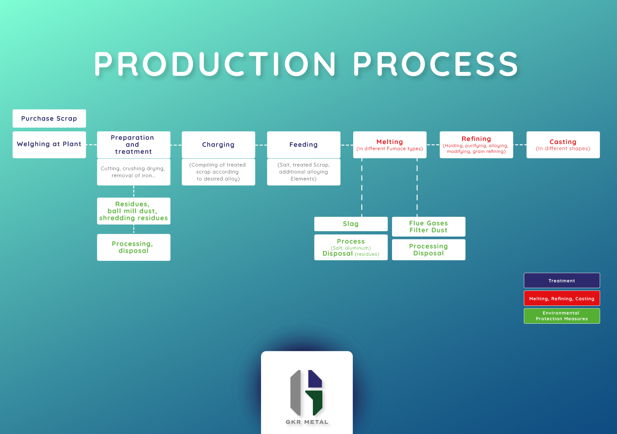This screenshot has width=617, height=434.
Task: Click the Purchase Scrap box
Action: pos(49,119)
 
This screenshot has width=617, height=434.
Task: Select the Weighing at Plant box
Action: pos(49,144)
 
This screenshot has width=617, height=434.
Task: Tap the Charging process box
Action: pos(218,145)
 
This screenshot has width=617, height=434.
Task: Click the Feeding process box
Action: pos(303,145)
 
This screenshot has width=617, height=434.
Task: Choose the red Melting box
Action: pos(390,145)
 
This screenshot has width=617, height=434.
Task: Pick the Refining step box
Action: pos(476,145)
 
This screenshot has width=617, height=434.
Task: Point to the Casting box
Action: pos(563,145)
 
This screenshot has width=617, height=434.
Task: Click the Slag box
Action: pos(351,224)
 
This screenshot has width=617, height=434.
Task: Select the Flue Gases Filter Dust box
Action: pos(428,227)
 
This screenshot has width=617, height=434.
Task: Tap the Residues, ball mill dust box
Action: pos(133,211)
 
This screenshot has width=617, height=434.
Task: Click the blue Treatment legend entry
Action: pos(562,281)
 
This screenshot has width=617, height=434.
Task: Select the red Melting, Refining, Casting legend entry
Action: pos(562,298)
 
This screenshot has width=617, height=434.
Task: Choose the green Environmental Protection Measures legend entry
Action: pos(562,316)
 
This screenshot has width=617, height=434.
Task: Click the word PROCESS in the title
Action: pos(435,64)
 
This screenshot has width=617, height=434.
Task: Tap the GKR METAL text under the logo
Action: pos(307,422)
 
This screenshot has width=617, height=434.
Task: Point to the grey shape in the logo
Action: pos(295,393)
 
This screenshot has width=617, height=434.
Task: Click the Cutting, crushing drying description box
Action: pos(133,172)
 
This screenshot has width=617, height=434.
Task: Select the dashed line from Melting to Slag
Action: pos(362,188)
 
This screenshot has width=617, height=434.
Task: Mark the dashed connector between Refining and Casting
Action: pos(520,145)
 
